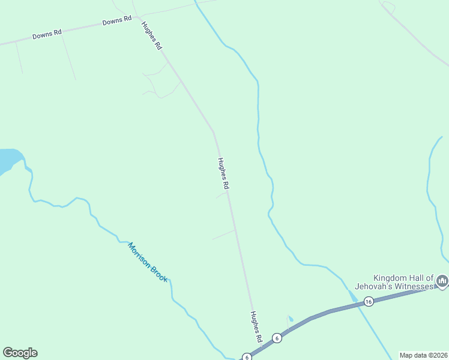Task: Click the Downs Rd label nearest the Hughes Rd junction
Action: pos(116,21)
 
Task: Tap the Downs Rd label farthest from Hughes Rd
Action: pos(47,35)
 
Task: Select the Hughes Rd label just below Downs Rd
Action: pos(151,35)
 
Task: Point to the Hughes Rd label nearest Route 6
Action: pos(256,326)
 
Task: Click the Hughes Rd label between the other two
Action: pos(224,173)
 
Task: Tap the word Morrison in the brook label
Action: pos(139,254)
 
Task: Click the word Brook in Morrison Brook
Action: pos(160,274)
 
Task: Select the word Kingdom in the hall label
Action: pos(391,278)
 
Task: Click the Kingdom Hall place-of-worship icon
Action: pos(442,281)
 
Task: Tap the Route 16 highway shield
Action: pos(369,301)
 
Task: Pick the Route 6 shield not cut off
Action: pos(277,338)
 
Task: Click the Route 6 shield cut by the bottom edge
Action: pos(247,357)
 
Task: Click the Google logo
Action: pos(20,353)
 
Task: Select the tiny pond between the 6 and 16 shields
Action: pos(291,319)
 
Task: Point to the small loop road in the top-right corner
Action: pos(388,7)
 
